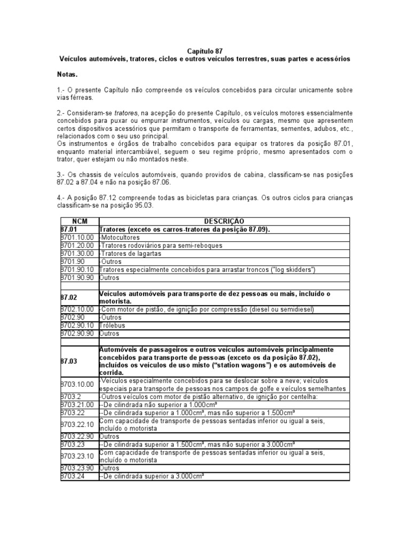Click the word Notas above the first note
coord(67,74)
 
